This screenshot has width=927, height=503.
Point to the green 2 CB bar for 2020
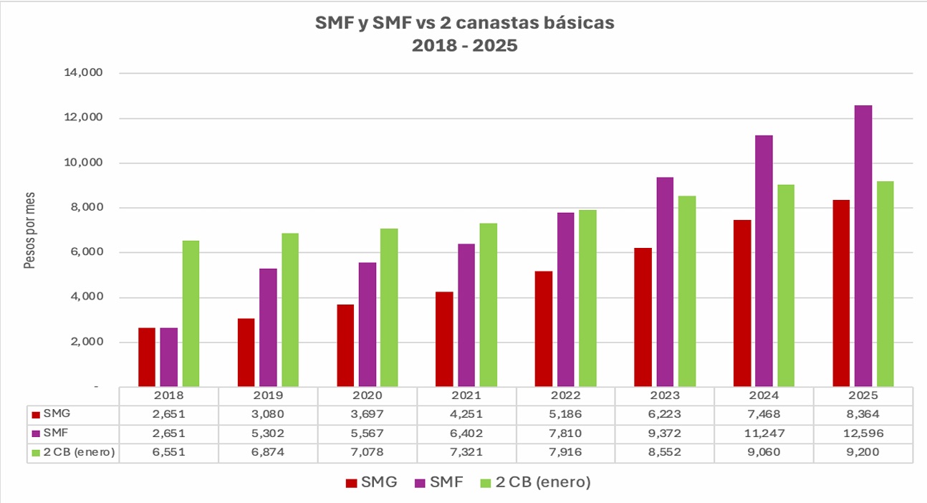click(389, 307)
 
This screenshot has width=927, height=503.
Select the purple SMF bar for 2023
click(665, 282)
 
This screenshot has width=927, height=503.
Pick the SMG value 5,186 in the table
click(565, 415)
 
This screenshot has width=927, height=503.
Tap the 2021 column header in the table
click(466, 396)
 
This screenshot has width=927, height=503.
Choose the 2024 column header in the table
click(764, 396)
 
